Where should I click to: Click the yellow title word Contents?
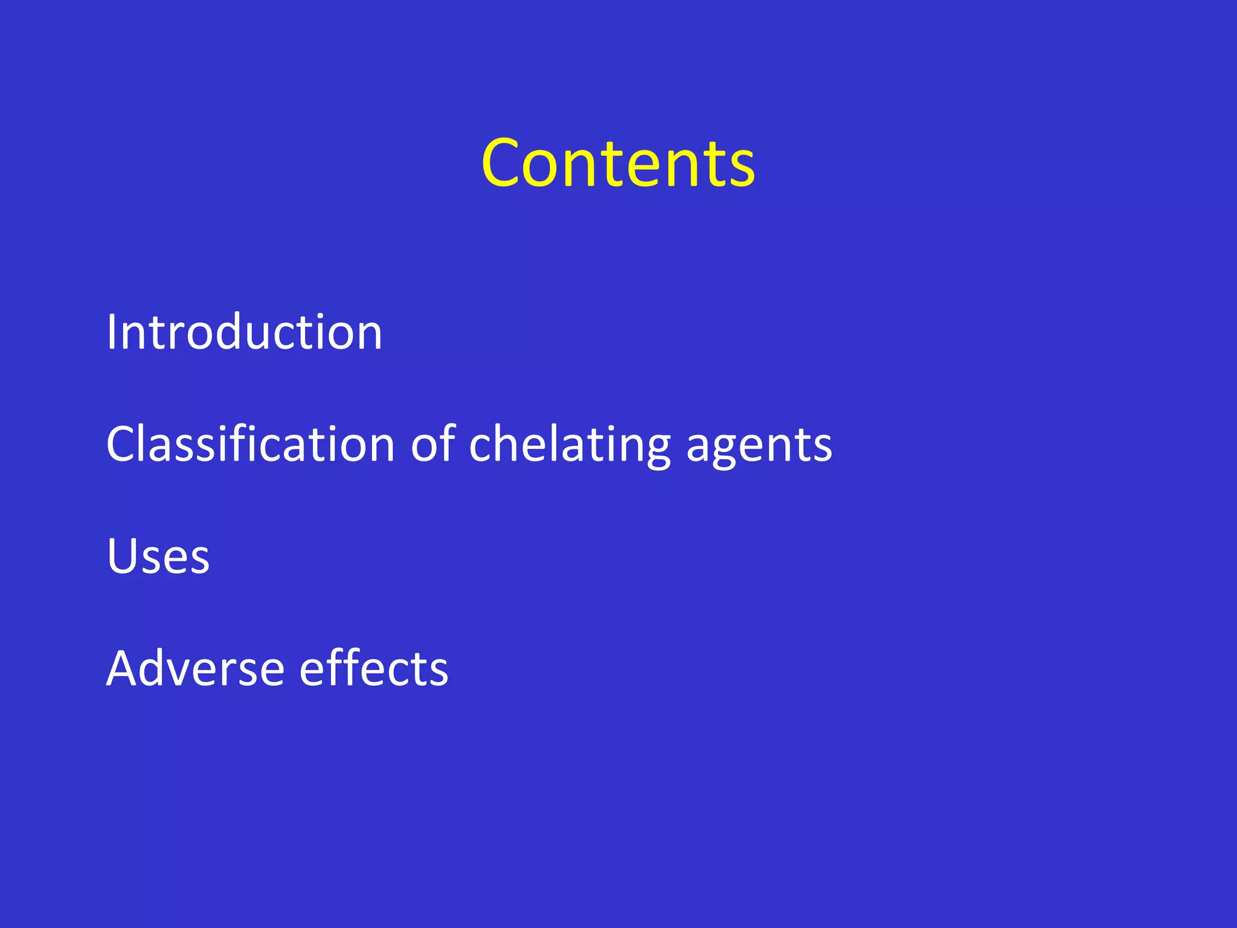pos(618,163)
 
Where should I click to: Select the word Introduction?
pos(244,332)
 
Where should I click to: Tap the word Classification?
pos(251,445)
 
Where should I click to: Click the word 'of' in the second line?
pos(432,445)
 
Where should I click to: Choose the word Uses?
pos(158,556)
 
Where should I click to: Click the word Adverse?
pos(195,669)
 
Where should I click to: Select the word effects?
pos(374,669)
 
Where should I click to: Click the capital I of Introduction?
pos(111,332)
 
